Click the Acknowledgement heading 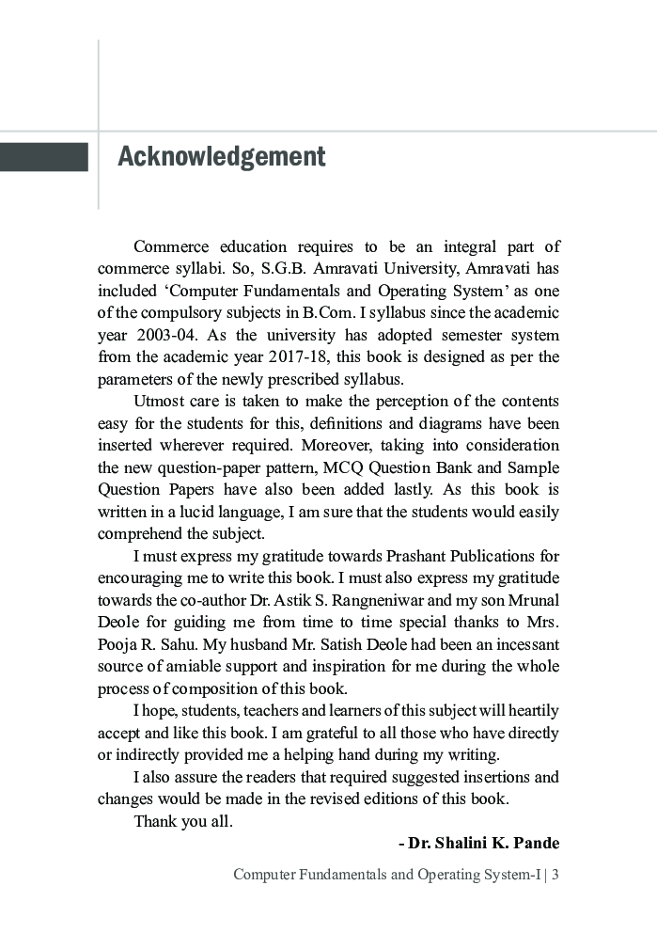pyautogui.click(x=221, y=157)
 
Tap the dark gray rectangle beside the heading pyautogui.click(x=44, y=157)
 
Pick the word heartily pyautogui.click(x=528, y=710)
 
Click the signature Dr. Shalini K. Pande pyautogui.click(x=478, y=843)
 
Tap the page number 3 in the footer pyautogui.click(x=555, y=876)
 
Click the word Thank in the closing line pyautogui.click(x=154, y=821)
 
